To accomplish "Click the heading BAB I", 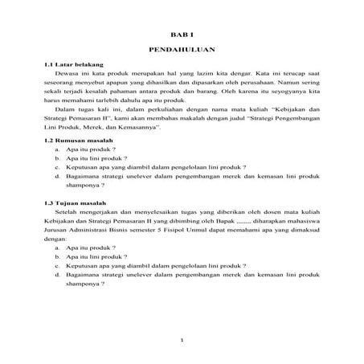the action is click(x=182, y=35).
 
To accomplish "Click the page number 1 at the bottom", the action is click(x=182, y=340).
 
